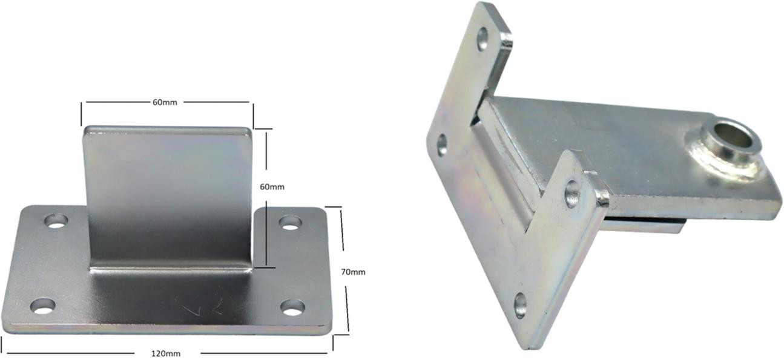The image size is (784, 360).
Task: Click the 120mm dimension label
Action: [166, 354]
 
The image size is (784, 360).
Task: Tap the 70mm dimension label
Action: [353, 272]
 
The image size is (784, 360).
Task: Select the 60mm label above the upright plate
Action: [165, 102]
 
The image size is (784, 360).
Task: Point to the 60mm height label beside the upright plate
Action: [272, 187]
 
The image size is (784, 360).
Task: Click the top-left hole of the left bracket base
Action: [56, 221]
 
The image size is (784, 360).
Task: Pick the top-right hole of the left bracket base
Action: [290, 223]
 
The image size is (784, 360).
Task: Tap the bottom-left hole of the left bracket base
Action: [43, 306]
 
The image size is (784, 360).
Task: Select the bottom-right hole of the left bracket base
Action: [292, 307]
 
